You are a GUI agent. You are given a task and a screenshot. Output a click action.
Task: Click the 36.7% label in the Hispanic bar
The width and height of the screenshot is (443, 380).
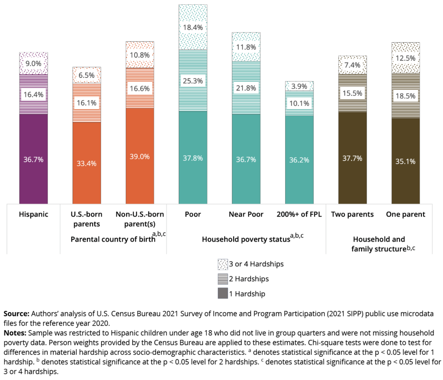pyautogui.click(x=33, y=160)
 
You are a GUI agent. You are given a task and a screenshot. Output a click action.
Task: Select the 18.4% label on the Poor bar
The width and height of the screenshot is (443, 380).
pyautogui.click(x=193, y=27)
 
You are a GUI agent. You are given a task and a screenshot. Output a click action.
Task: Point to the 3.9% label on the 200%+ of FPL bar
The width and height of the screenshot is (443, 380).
pyautogui.click(x=299, y=86)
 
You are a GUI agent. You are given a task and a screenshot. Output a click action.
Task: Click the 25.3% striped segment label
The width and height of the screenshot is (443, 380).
pyautogui.click(x=193, y=80)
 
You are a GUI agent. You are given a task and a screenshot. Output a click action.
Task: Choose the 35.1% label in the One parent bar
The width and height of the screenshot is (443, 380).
pyautogui.click(x=406, y=161)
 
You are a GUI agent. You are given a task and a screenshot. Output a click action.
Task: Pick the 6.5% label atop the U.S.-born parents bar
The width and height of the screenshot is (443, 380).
pyautogui.click(x=87, y=74)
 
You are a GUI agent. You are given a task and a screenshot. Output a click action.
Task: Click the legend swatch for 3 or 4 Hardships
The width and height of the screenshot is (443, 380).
pyautogui.click(x=222, y=264)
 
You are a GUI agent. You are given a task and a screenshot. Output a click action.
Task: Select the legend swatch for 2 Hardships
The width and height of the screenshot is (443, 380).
pyautogui.click(x=222, y=278)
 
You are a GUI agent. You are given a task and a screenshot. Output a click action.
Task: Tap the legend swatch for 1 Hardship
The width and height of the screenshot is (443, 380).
pyautogui.click(x=222, y=294)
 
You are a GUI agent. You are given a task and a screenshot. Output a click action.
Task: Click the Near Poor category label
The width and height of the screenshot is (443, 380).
pyautogui.click(x=246, y=214)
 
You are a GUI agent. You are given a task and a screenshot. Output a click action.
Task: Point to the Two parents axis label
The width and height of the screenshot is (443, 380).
pyautogui.click(x=352, y=214)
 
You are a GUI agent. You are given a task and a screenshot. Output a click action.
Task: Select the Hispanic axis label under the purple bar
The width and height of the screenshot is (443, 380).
pyautogui.click(x=33, y=214)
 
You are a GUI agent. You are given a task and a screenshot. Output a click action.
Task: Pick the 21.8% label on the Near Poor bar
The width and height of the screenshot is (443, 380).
pyautogui.click(x=246, y=88)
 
